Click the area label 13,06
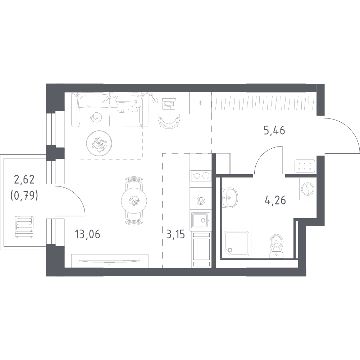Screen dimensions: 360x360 point(87,235)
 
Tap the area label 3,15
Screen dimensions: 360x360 point(176,235)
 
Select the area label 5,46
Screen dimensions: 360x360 point(275,131)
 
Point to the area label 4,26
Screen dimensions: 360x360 point(275,200)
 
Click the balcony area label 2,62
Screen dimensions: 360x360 point(24,179)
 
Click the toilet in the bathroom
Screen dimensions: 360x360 point(277,246)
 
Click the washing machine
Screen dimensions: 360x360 point(307,189)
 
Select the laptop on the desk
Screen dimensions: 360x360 point(169,104)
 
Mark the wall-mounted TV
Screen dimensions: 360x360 point(110,261)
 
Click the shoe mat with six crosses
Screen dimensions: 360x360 point(304,166)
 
